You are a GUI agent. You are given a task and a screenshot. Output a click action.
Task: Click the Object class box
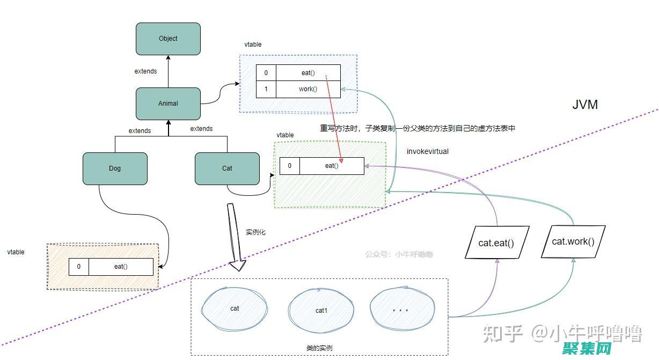point(168,39)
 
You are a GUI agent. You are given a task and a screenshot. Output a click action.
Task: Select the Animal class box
point(168,104)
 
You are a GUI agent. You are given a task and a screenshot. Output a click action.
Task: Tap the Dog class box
point(115,168)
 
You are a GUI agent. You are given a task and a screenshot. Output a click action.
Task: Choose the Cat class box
point(227,168)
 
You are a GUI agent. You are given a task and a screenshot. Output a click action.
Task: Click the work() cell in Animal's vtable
point(308,89)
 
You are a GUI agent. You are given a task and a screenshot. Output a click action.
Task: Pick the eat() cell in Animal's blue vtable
point(308,73)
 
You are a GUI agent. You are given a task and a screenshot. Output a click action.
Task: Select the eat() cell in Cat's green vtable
point(332,166)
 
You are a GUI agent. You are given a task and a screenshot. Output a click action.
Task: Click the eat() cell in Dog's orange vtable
point(121,267)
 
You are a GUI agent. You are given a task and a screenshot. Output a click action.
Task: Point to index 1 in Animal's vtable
point(266,89)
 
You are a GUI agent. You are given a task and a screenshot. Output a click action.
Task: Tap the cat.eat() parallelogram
point(496,243)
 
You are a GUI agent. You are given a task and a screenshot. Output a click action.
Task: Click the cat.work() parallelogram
point(573,241)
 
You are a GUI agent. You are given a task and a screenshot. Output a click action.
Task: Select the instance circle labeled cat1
point(321,311)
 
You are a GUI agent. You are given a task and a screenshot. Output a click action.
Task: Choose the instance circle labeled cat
point(235,308)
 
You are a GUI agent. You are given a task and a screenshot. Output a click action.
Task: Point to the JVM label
point(584,105)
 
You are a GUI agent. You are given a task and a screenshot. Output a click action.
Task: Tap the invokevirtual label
point(427,151)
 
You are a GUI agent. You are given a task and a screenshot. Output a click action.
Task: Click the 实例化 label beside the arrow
point(255,232)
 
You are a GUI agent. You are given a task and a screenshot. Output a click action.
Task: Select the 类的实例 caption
point(319,348)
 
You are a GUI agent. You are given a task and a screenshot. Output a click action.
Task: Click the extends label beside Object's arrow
point(145,71)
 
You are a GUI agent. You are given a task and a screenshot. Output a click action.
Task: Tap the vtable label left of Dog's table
point(16,252)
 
